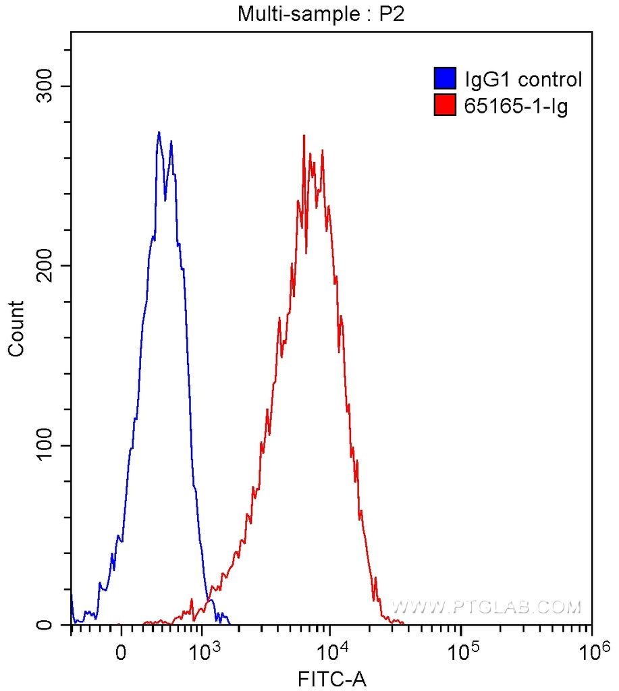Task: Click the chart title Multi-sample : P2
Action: [320, 13]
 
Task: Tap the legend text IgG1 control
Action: [523, 80]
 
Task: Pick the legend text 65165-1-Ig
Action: [516, 105]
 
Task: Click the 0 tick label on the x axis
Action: [121, 653]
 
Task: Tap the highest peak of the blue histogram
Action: [159, 132]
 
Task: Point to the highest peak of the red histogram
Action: [304, 136]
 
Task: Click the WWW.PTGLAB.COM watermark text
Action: [486, 607]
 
